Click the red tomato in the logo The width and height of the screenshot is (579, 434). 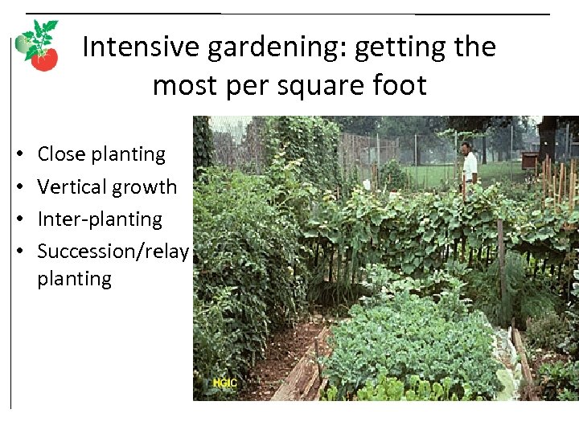coord(44,59)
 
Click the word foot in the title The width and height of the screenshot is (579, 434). coord(400,84)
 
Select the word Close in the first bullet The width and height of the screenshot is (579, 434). coord(62,154)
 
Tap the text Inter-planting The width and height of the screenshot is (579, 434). coord(100,219)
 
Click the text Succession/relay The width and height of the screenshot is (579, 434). coord(113,251)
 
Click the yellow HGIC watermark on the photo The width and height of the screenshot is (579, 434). coord(224,383)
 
